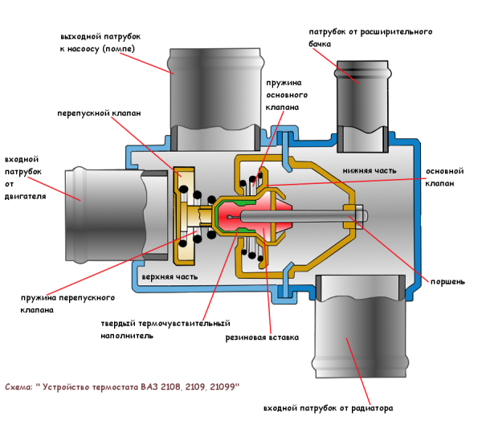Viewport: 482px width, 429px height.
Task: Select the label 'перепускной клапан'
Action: click(99, 114)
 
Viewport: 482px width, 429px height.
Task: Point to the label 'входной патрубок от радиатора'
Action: click(328, 408)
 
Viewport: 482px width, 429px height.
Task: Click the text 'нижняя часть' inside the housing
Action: click(366, 170)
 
